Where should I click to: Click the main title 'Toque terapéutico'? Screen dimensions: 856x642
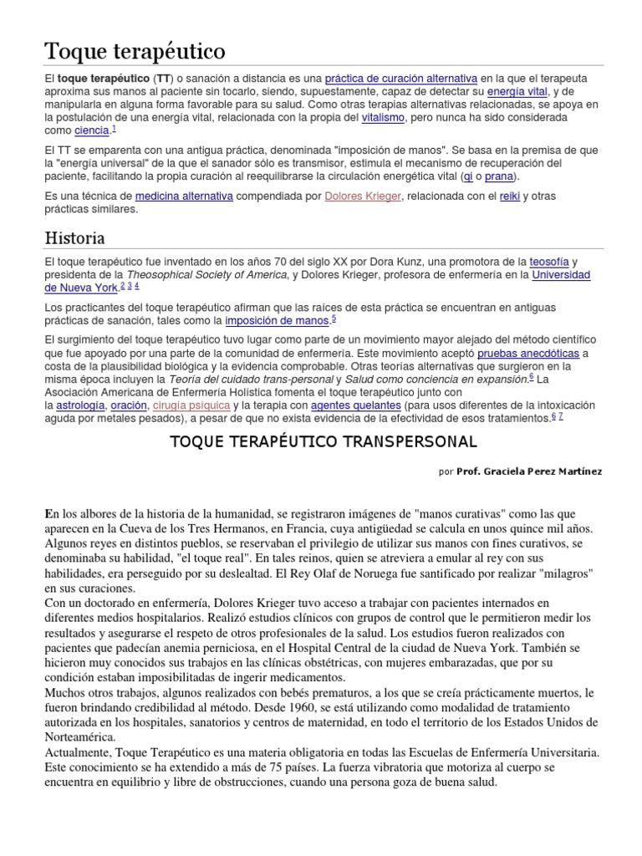tap(135, 52)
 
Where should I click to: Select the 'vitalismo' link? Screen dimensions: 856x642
tap(383, 118)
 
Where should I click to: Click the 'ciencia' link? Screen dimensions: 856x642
tap(91, 131)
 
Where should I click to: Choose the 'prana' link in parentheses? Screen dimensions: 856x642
tap(500, 176)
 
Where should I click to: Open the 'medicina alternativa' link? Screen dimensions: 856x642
tap(184, 196)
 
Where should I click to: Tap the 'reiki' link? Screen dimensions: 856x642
tap(510, 196)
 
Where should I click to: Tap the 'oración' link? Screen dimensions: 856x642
tap(128, 405)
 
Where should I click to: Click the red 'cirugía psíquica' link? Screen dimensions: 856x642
tap(186, 405)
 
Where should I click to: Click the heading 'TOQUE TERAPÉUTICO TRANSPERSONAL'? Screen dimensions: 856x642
tap(323, 441)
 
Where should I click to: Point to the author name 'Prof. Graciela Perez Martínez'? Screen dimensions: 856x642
tap(528, 471)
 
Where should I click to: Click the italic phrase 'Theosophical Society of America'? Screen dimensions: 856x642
tap(206, 275)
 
